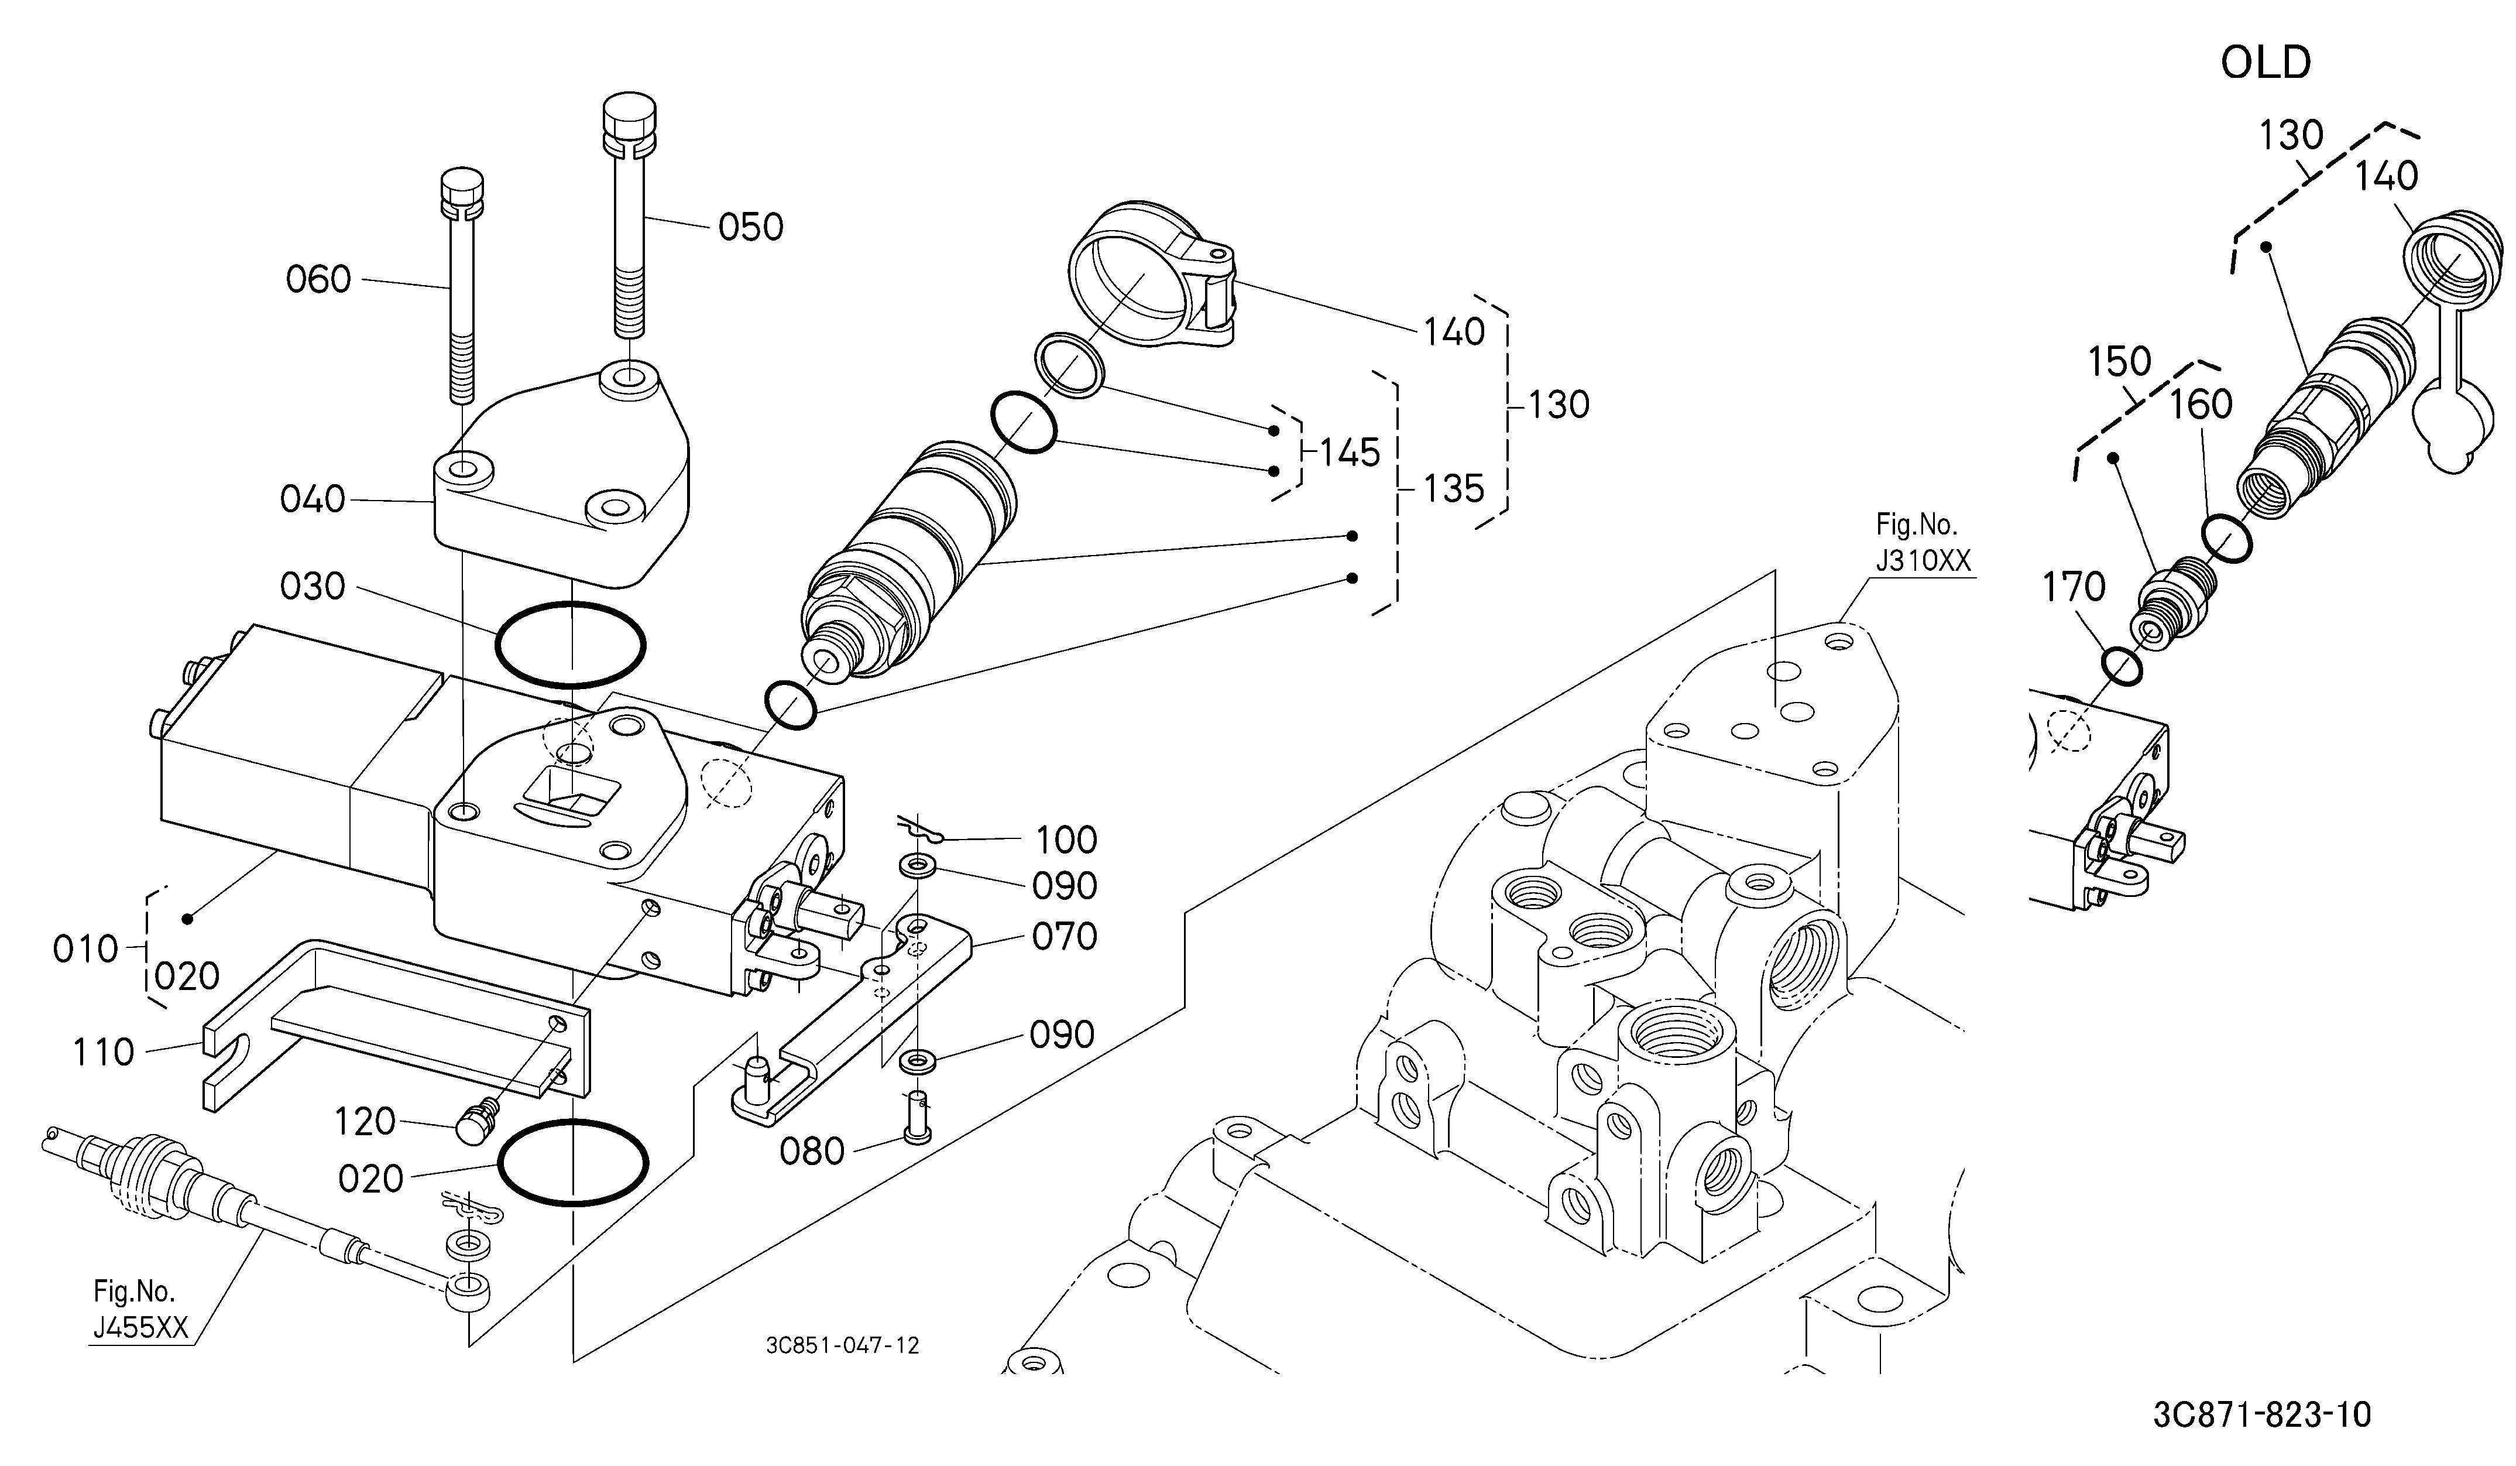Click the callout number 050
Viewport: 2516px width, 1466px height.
pyautogui.click(x=751, y=228)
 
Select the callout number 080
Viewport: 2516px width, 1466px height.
pyautogui.click(x=812, y=1152)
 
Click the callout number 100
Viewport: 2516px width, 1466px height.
pyautogui.click(x=1066, y=840)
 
